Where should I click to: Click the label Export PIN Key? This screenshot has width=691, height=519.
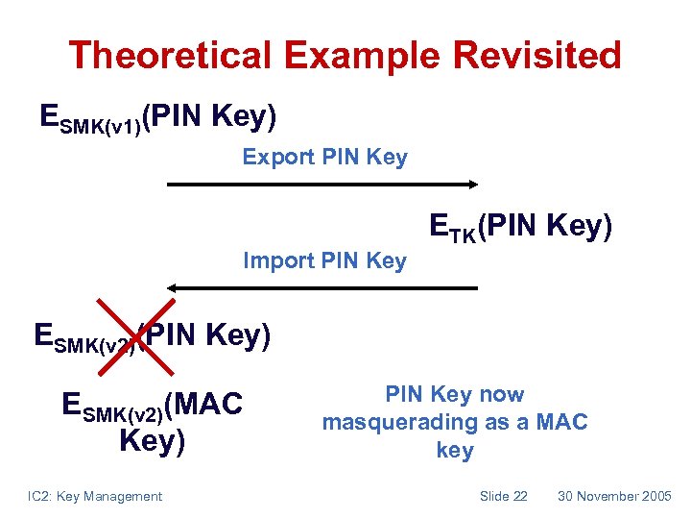pyautogui.click(x=324, y=157)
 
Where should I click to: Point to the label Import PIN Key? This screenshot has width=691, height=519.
pyautogui.click(x=324, y=260)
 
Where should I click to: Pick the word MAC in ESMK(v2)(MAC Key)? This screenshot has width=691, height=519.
pyautogui.click(x=206, y=404)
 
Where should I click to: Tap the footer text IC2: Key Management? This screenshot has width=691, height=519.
pyautogui.click(x=95, y=496)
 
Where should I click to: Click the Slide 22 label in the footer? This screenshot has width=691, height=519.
pyautogui.click(x=503, y=496)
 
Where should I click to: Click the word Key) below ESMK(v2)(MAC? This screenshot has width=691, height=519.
pyautogui.click(x=152, y=441)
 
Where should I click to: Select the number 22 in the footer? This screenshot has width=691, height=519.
pyautogui.click(x=518, y=496)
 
